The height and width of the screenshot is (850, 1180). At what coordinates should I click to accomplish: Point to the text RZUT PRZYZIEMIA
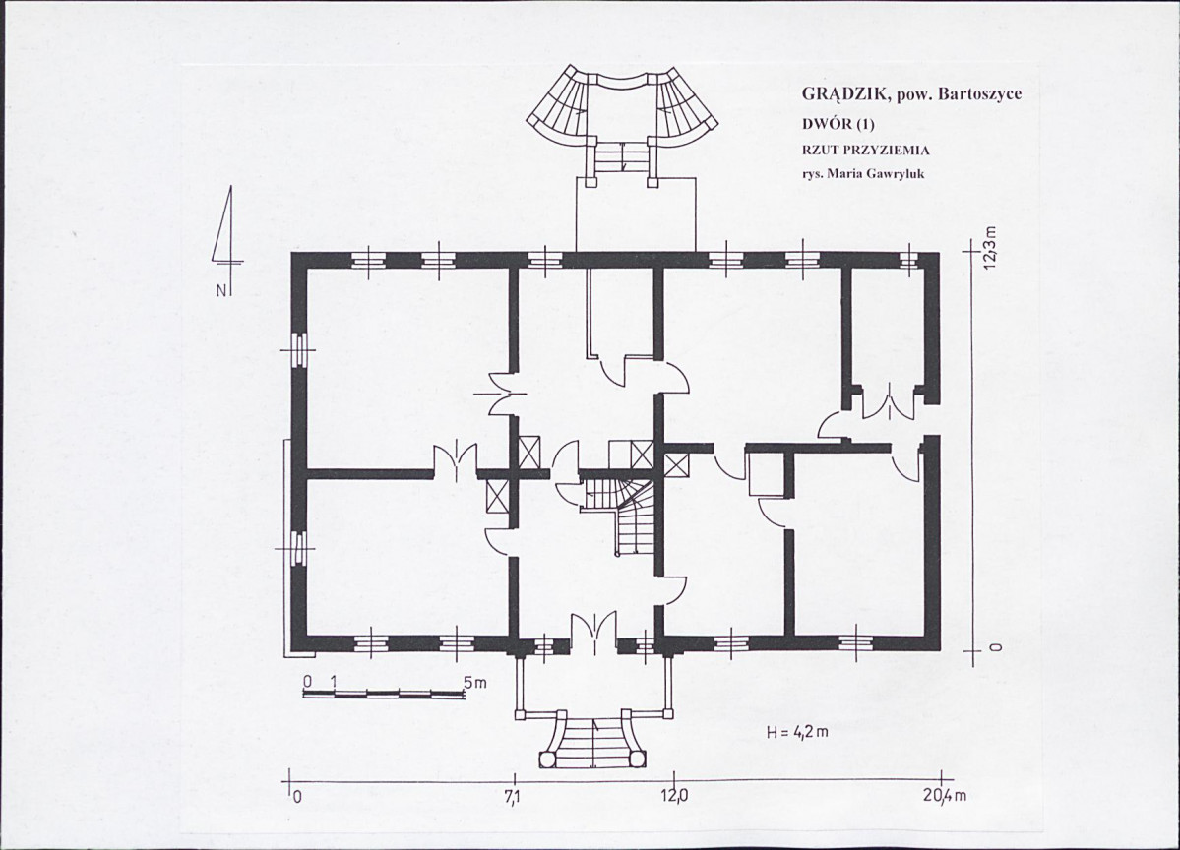(865, 150)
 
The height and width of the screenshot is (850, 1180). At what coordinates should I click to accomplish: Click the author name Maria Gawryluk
(875, 174)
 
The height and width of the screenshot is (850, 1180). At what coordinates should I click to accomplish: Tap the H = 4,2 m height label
(797, 732)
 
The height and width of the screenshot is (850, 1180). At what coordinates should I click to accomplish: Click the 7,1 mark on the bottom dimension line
(513, 797)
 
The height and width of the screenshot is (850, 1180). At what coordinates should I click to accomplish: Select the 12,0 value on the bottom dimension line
(673, 797)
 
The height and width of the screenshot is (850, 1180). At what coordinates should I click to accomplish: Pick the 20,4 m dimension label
(945, 797)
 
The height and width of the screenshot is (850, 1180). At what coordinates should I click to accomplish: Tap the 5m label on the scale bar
(475, 682)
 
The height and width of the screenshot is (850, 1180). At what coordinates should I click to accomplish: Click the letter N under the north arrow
(221, 290)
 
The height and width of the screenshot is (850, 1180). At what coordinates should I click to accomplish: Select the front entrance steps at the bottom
(594, 739)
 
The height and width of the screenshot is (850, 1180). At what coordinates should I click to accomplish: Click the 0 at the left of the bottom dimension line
(296, 797)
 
